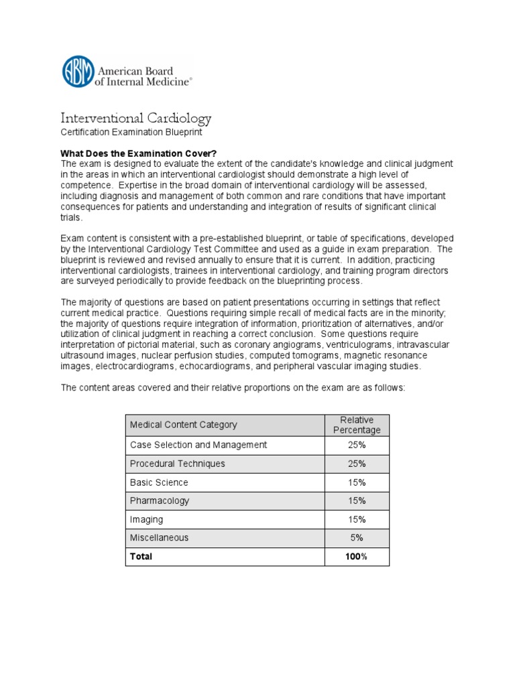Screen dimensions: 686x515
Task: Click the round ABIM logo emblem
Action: click(x=78, y=71)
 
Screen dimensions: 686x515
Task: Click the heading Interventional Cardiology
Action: click(x=136, y=119)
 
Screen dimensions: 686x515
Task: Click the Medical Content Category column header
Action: click(x=183, y=425)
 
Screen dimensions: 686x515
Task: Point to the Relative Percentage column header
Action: click(x=357, y=425)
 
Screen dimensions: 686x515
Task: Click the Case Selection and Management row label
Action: click(x=198, y=445)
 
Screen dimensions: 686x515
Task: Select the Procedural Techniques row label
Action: click(x=178, y=464)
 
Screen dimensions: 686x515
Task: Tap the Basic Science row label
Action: click(x=159, y=482)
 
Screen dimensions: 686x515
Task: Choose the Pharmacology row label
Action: click(x=160, y=500)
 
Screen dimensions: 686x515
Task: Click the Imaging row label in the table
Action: click(x=146, y=519)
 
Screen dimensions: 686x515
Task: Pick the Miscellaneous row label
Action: click(x=160, y=537)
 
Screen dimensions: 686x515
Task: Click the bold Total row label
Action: click(x=141, y=556)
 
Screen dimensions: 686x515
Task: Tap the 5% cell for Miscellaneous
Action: click(x=357, y=537)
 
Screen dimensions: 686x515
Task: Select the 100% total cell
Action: click(x=357, y=556)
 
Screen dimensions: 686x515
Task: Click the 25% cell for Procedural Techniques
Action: click(x=357, y=464)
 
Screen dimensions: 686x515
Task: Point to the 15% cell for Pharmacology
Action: click(x=357, y=500)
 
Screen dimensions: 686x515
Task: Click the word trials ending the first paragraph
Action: click(x=72, y=218)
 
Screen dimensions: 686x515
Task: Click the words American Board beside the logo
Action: click(x=136, y=71)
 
